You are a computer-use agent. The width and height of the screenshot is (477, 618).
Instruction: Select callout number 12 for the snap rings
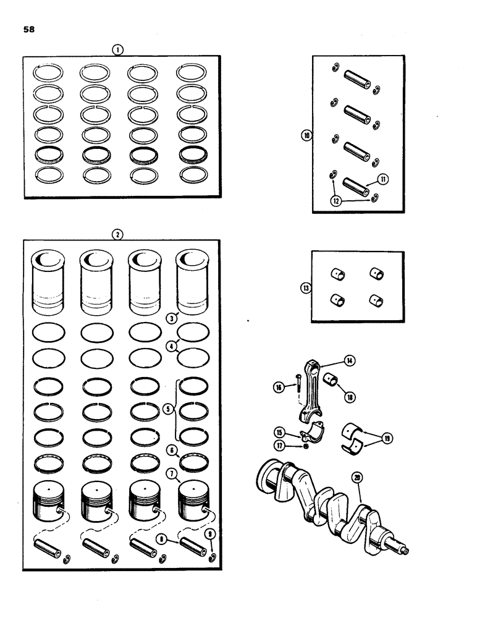click(x=334, y=200)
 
